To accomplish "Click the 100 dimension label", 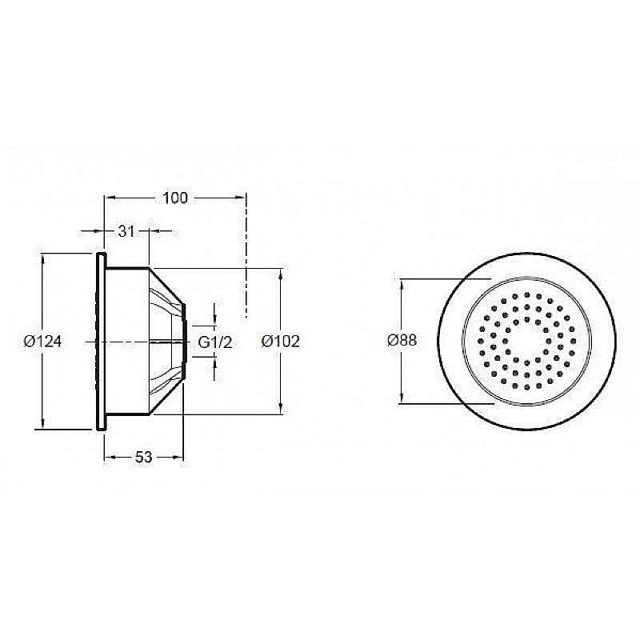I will click(174, 198).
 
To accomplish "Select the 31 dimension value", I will click(125, 231).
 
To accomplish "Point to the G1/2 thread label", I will click(214, 342).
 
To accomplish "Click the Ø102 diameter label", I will click(281, 342).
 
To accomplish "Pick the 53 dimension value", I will click(143, 457).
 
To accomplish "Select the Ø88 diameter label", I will click(402, 340).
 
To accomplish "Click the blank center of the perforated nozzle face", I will click(526, 341).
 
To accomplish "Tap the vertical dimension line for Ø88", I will click(400, 376).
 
